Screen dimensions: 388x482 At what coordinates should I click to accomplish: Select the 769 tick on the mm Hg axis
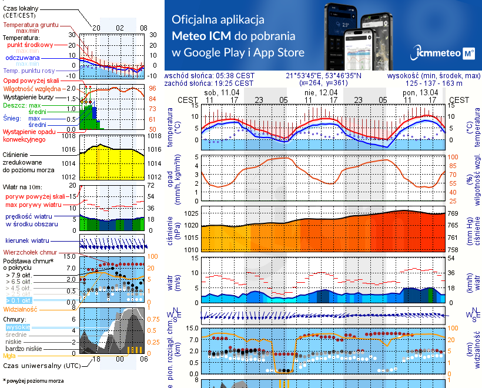click(x=454, y=213)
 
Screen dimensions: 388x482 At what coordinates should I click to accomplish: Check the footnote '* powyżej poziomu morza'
click(x=33, y=381)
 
